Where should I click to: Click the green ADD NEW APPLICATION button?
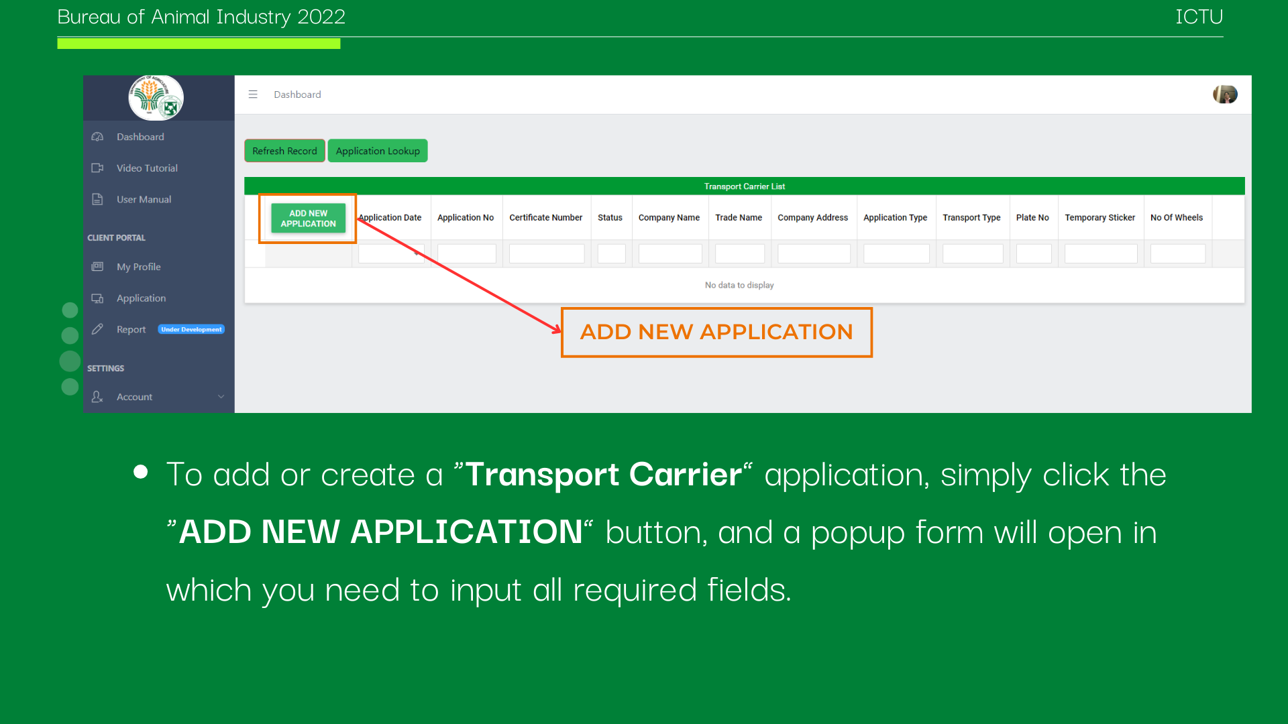point(308,219)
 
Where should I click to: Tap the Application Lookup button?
point(378,151)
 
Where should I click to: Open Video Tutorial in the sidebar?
point(147,168)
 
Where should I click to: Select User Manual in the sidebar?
point(144,200)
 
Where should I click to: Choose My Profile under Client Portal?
point(138,267)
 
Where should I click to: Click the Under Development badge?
point(191,330)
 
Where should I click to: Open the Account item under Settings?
point(134,397)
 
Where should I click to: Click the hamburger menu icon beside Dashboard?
point(253,95)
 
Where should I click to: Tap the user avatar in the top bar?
point(1225,95)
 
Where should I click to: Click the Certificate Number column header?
point(545,218)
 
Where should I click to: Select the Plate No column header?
point(1032,218)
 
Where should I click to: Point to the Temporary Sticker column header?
point(1099,218)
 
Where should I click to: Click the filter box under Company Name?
point(670,254)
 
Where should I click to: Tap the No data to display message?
point(739,286)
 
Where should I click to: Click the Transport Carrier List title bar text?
point(744,186)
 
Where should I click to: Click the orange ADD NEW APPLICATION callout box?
point(716,333)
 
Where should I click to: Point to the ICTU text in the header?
point(1199,17)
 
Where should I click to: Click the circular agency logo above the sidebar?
point(156,98)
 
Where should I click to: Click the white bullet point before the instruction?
point(140,471)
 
